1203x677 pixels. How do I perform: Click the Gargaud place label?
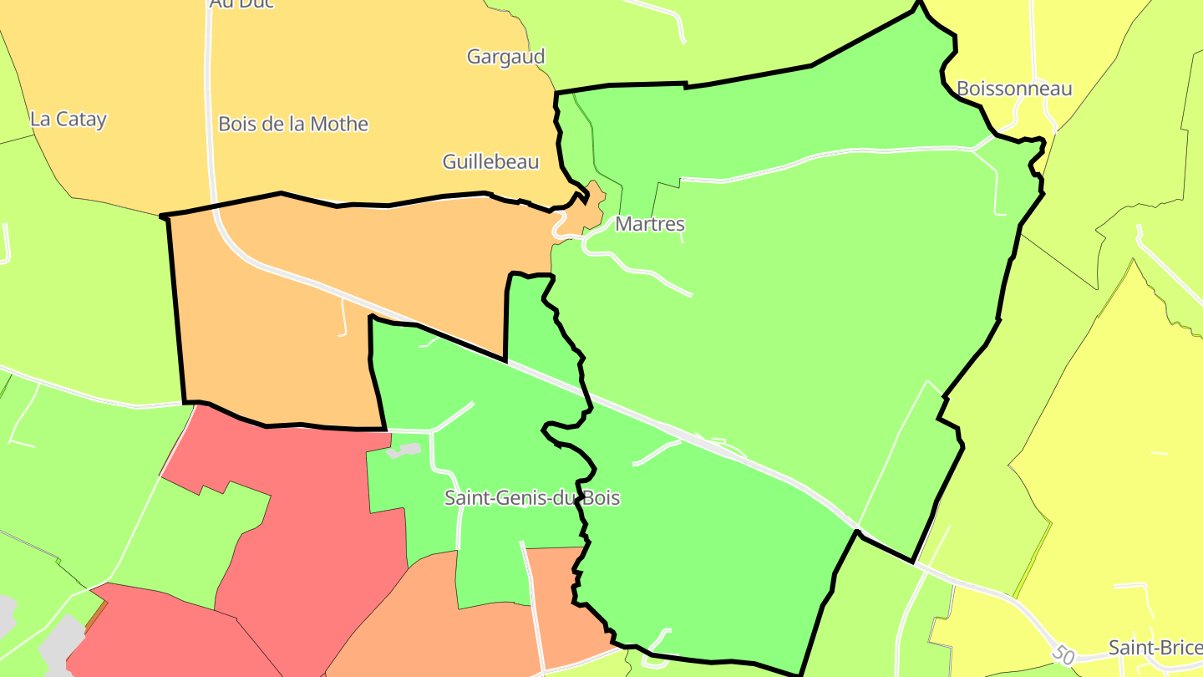pos(505,57)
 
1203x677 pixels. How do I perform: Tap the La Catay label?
pos(69,119)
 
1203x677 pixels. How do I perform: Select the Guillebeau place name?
pos(490,161)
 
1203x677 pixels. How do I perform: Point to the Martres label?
pos(649,224)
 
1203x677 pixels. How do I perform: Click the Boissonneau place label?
pos(1013,89)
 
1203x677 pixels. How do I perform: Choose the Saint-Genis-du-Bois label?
pos(532,498)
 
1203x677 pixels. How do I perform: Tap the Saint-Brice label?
pos(1155,648)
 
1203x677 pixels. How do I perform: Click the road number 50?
pos(1063,654)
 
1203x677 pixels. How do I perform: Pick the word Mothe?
pos(338,124)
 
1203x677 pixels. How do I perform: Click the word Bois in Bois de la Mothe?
pos(236,124)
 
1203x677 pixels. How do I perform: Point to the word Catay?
pos(82,119)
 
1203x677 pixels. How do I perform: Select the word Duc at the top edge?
pos(255,3)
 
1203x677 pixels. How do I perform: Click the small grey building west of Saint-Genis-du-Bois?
pos(404,450)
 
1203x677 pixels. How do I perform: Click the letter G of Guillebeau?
pos(449,161)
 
